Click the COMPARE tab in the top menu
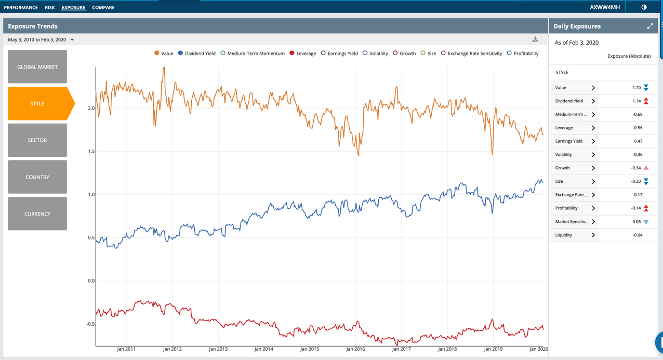coord(103,7)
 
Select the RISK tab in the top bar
coord(50,7)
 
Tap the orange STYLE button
coord(37,103)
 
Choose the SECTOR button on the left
coord(37,140)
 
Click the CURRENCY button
coord(37,214)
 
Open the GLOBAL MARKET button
coord(37,66)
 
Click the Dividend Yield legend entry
coord(196,54)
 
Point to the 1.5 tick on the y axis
coord(91,151)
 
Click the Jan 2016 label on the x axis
coord(355,349)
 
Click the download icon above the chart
coord(535,39)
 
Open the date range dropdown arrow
coord(72,40)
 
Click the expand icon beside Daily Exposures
coord(649,26)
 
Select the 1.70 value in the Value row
coord(637,88)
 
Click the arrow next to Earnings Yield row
coord(593,141)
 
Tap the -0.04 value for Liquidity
coord(638,235)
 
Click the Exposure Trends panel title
coord(33,26)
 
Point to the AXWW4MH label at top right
coord(605,7)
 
